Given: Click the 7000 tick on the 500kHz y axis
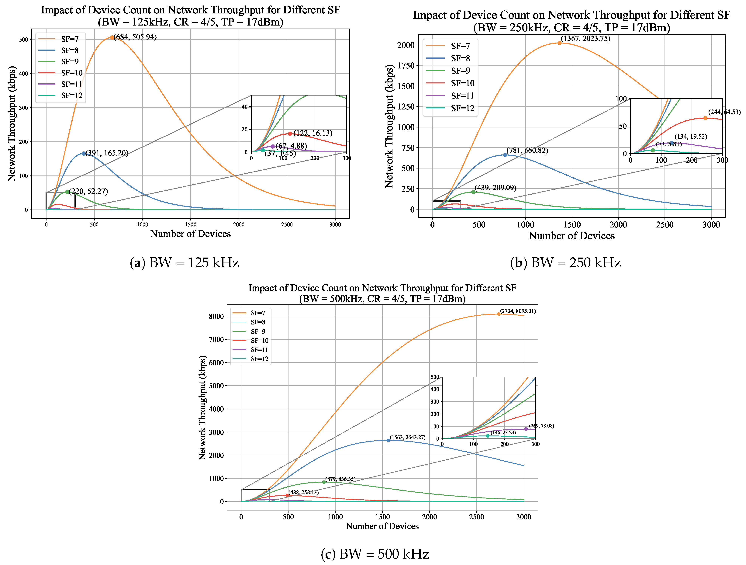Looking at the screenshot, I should click(216, 339).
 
